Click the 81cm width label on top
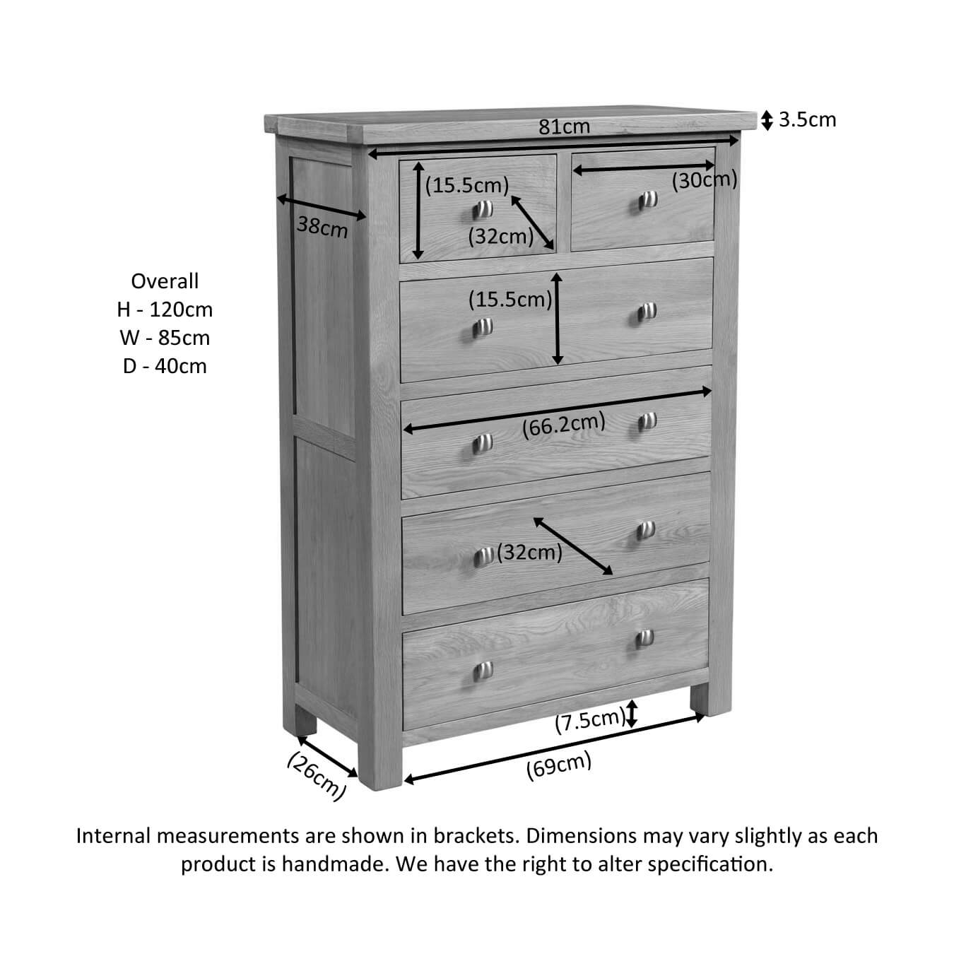tap(564, 126)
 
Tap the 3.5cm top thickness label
tap(807, 120)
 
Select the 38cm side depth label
tap(322, 228)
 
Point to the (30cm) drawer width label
tap(704, 181)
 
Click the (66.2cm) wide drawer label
tap(563, 425)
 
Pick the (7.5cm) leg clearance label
tap(590, 722)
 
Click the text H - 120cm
tap(165, 310)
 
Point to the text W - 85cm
tap(165, 338)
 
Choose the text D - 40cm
tap(165, 366)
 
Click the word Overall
tap(165, 281)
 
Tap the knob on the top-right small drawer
tap(647, 200)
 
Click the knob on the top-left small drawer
tap(482, 209)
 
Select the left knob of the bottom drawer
tap(483, 671)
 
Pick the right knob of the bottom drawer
tap(644, 638)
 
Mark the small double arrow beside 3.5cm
tap(767, 120)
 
